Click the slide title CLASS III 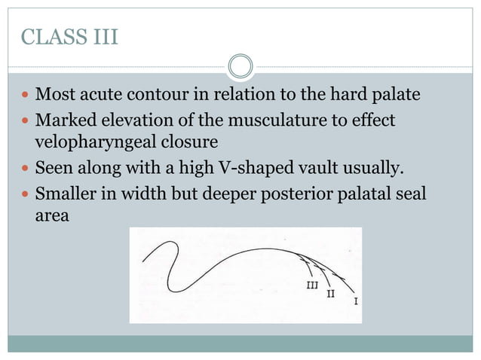70,38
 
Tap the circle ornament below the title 240,67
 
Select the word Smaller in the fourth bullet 66,194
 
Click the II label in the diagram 330,293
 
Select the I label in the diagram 355,301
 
